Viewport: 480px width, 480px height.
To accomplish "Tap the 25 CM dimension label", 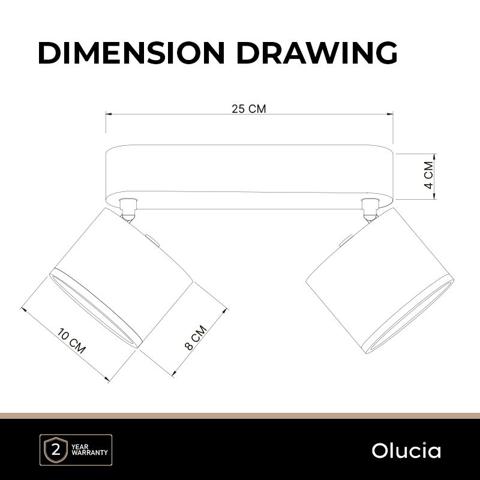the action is click(x=248, y=109).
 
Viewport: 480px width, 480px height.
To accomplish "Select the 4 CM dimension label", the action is click(x=429, y=175).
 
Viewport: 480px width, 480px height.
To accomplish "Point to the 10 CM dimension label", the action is click(x=72, y=341).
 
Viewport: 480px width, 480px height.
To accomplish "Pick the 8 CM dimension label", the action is click(x=196, y=338).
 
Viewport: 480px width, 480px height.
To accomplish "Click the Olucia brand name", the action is click(x=406, y=451).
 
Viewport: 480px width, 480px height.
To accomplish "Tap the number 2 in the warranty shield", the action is click(x=56, y=451).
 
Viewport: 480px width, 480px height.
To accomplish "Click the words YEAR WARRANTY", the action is click(x=89, y=449).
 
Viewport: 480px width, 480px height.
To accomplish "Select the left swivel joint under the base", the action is click(x=128, y=209).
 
